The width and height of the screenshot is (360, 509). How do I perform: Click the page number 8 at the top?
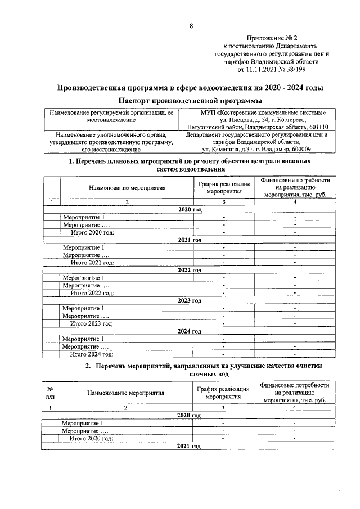point(191,26)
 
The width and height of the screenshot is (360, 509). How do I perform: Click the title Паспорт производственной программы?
point(191,101)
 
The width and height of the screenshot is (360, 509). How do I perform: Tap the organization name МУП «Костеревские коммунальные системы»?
point(255,112)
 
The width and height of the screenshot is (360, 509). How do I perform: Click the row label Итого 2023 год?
point(92,323)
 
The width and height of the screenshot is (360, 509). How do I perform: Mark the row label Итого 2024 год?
point(92,354)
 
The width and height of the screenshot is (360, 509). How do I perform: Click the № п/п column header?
point(51,391)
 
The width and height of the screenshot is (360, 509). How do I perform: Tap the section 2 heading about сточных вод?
point(191,369)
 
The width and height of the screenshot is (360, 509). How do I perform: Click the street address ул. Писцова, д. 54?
point(241,120)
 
